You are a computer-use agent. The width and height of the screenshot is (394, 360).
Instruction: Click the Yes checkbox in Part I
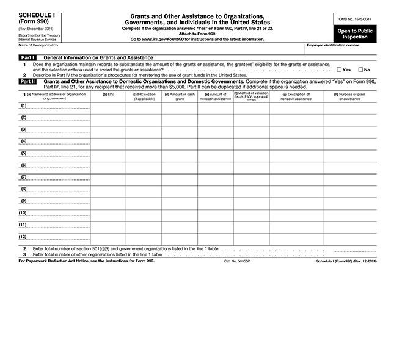(340, 70)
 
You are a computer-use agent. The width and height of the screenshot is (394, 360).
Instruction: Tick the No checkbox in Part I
(361, 70)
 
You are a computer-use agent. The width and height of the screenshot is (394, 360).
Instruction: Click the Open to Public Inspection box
(356, 34)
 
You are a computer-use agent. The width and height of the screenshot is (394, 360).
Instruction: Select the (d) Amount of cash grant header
(180, 96)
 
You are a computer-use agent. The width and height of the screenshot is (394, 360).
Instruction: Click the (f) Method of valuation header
(251, 95)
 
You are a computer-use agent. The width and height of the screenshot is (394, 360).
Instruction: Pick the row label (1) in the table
(23, 106)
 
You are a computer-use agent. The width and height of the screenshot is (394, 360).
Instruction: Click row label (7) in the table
(23, 177)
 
